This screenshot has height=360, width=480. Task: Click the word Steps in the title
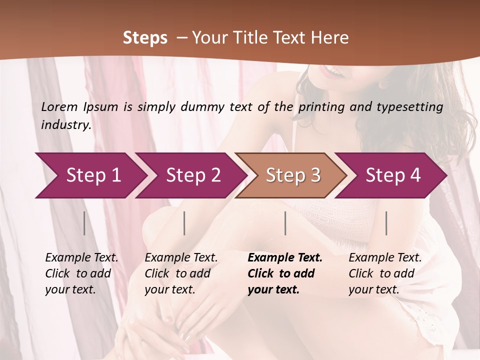pyautogui.click(x=145, y=38)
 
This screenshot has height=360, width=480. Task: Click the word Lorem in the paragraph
pyautogui.click(x=59, y=107)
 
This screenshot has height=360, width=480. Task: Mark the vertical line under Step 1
pyautogui.click(x=84, y=223)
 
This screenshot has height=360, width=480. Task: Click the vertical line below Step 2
pyautogui.click(x=184, y=223)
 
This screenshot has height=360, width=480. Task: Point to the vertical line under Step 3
pyautogui.click(x=285, y=223)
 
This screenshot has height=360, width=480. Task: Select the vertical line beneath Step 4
pyautogui.click(x=386, y=223)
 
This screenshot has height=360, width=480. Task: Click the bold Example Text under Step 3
pyautogui.click(x=285, y=258)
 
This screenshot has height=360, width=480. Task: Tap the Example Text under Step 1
pyautogui.click(x=81, y=258)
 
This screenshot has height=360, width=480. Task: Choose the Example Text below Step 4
pyautogui.click(x=385, y=258)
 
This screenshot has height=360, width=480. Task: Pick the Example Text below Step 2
pyautogui.click(x=181, y=258)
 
